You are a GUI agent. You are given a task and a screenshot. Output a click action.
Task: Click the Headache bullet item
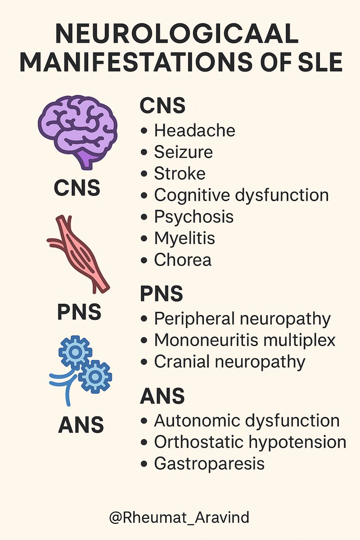point(194,130)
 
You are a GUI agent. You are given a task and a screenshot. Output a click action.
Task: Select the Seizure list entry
point(183,152)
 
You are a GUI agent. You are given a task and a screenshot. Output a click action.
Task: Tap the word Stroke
point(180,174)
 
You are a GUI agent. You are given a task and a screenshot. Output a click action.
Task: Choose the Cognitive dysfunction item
point(241,195)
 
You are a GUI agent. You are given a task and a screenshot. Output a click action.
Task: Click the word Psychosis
point(193,217)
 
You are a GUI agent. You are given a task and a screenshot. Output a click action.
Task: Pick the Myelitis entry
point(184,238)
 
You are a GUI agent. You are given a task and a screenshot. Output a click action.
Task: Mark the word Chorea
point(183,260)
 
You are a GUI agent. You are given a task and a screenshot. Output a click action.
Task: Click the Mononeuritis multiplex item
point(245,340)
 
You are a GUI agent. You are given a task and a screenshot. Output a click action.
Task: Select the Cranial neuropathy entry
point(229,362)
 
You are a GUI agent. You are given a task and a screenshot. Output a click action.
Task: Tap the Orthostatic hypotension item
point(250,442)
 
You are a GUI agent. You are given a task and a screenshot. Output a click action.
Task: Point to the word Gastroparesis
point(209,464)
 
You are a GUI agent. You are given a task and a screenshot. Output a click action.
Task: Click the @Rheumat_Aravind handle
point(179,517)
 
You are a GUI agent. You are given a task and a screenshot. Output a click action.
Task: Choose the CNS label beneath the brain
point(77,189)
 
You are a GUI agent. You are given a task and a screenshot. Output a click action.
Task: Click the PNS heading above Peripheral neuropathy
point(162,294)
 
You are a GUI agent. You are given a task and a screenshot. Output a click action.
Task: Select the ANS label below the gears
point(81,424)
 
